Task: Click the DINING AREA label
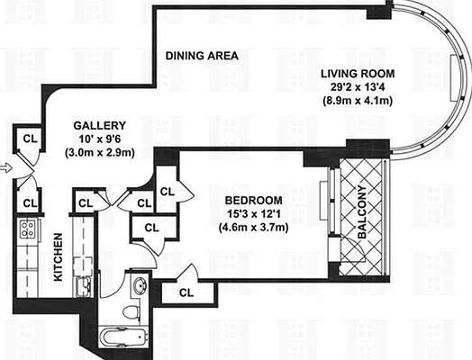[202, 56]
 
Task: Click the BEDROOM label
[252, 200]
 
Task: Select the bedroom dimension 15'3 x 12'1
[252, 213]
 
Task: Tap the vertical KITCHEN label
[57, 257]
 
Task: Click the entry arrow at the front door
[5, 167]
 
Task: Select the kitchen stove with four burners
[28, 229]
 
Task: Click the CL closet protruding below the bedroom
[186, 292]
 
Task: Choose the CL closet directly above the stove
[29, 202]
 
